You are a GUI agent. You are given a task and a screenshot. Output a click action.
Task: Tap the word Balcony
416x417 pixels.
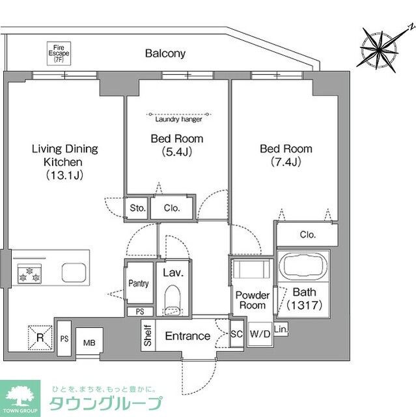point(165,53)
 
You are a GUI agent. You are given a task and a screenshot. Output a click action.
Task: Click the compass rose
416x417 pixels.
point(381,47)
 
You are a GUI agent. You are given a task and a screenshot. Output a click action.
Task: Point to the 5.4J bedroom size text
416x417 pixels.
point(176,152)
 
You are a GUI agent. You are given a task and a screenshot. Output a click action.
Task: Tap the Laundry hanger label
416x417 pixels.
point(178,119)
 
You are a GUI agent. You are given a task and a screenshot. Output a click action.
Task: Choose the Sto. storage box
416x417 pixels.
point(137,208)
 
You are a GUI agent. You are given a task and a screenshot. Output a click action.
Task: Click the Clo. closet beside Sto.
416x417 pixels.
point(172,208)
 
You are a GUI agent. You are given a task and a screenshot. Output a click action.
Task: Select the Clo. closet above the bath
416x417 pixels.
point(307,235)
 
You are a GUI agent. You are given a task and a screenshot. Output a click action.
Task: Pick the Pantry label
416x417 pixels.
point(139,284)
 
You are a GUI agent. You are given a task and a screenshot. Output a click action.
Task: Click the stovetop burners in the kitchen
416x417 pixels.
point(30,273)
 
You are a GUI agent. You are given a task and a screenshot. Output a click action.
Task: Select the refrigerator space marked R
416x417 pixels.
point(40,338)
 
